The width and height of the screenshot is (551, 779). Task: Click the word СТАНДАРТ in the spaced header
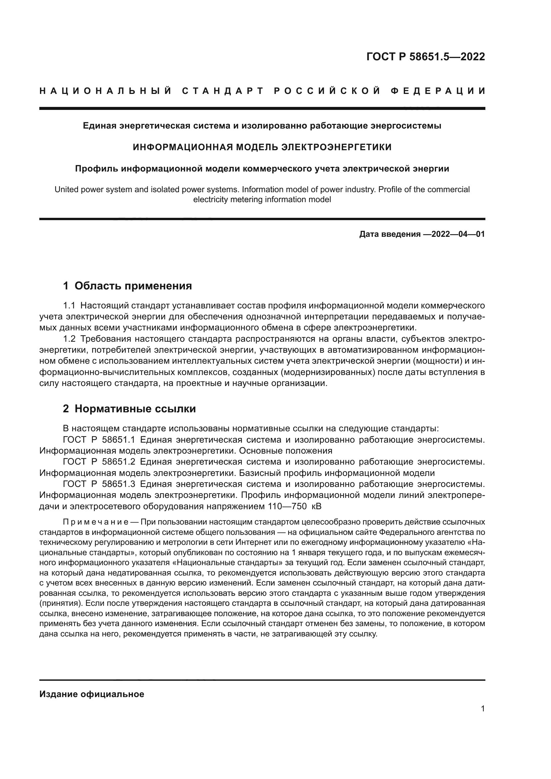(x=223, y=91)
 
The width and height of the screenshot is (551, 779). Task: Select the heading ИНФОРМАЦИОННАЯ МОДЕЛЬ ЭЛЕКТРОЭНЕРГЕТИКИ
(x=262, y=147)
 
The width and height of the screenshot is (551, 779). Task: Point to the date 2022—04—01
(x=458, y=234)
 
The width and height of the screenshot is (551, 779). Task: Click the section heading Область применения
(x=133, y=286)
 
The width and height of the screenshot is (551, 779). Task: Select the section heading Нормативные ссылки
(x=135, y=409)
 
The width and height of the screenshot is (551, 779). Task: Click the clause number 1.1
(x=69, y=306)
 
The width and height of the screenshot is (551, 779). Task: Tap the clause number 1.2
(x=69, y=339)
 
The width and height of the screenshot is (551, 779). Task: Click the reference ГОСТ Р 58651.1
(x=99, y=440)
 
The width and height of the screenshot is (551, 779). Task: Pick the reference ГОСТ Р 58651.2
(x=99, y=462)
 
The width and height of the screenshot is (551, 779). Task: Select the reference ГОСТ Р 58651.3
(x=99, y=484)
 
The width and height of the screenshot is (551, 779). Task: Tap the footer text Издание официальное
(x=92, y=694)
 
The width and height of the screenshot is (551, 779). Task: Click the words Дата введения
(x=389, y=234)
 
